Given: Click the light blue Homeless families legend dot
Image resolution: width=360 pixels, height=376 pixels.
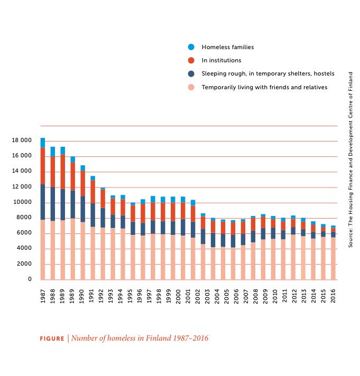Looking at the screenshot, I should click(x=191, y=47).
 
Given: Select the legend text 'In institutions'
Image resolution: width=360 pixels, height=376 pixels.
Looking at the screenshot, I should click(x=221, y=61).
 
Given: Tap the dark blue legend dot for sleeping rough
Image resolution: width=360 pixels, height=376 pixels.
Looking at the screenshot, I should click(x=191, y=74).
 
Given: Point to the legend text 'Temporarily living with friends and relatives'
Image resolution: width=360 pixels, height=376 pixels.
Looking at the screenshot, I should click(x=264, y=88).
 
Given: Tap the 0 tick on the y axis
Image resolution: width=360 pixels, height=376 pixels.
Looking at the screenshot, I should click(x=30, y=279).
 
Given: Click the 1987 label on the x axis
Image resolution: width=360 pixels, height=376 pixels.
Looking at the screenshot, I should click(x=43, y=296).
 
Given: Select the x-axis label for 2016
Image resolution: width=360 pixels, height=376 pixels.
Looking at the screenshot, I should click(x=333, y=296).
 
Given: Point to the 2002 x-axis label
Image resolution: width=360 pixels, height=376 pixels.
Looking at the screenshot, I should click(x=193, y=296).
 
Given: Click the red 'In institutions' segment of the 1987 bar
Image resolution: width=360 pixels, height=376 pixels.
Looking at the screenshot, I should click(x=43, y=166).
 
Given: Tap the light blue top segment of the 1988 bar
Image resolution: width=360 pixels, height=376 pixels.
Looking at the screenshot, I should click(x=53, y=152).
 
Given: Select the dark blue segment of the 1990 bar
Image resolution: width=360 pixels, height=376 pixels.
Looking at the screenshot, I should click(x=82, y=209).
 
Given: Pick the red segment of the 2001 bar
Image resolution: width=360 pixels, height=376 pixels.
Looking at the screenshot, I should click(x=183, y=211).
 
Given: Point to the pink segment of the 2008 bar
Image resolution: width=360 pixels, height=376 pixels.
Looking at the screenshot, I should click(x=253, y=261).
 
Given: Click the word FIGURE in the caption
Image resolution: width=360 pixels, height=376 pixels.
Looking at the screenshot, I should click(x=52, y=339).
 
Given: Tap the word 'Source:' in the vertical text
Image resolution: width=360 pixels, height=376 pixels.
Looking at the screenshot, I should click(x=350, y=238).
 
